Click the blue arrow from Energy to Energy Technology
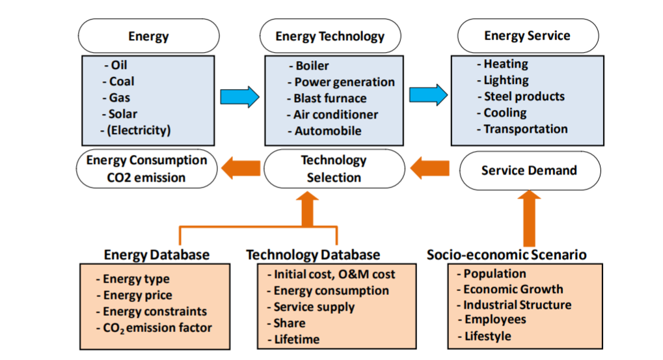coord(239,97)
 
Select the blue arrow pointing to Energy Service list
coord(428,95)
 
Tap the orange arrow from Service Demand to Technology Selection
coord(430,169)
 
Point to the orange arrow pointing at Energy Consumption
coord(241,169)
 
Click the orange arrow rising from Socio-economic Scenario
coord(529,218)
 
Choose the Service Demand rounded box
coord(530,171)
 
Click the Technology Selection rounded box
coord(334,169)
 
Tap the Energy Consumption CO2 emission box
coord(147,169)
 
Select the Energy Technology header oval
coord(331,36)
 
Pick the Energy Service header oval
coord(528,36)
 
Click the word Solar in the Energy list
coord(122,114)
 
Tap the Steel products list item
coord(521,96)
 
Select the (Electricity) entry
coord(136,130)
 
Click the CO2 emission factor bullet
coord(154,328)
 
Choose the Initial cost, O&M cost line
coord(331,275)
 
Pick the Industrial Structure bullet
coord(514,305)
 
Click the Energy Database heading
coord(157,255)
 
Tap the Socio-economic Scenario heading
coord(507,255)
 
